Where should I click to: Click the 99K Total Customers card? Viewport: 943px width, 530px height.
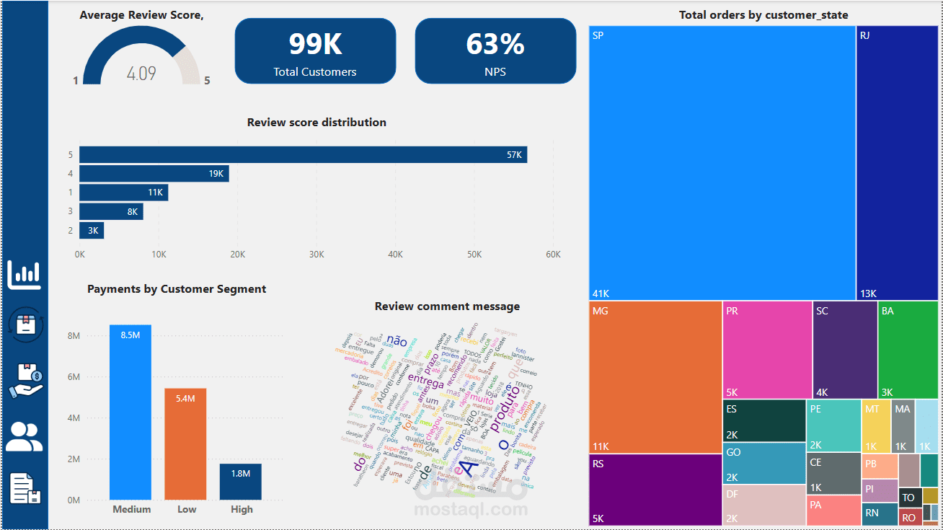pyautogui.click(x=315, y=50)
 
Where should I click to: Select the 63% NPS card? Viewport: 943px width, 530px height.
pyautogui.click(x=495, y=50)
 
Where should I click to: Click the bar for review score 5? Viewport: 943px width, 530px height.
pyautogui.click(x=303, y=154)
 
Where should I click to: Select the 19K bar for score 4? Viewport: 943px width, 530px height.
pyautogui.click(x=154, y=173)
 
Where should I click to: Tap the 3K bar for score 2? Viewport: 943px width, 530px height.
pyautogui.click(x=92, y=231)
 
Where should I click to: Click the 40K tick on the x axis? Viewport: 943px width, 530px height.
pyautogui.click(x=395, y=255)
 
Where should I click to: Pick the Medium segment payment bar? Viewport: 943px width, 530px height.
pyautogui.click(x=130, y=412)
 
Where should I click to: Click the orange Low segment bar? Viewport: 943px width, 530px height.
pyautogui.click(x=185, y=444)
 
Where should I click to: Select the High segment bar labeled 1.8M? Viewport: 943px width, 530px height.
pyautogui.click(x=240, y=482)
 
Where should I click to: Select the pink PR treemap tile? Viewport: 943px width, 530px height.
pyautogui.click(x=767, y=350)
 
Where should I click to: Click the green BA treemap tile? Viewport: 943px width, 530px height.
pyautogui.click(x=908, y=350)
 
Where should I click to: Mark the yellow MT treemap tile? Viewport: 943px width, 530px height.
pyautogui.click(x=876, y=426)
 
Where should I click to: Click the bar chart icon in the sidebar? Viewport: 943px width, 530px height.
pyautogui.click(x=25, y=274)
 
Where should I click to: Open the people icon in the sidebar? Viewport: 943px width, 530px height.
pyautogui.click(x=25, y=436)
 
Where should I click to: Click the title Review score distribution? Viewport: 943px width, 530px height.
pyautogui.click(x=316, y=123)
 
